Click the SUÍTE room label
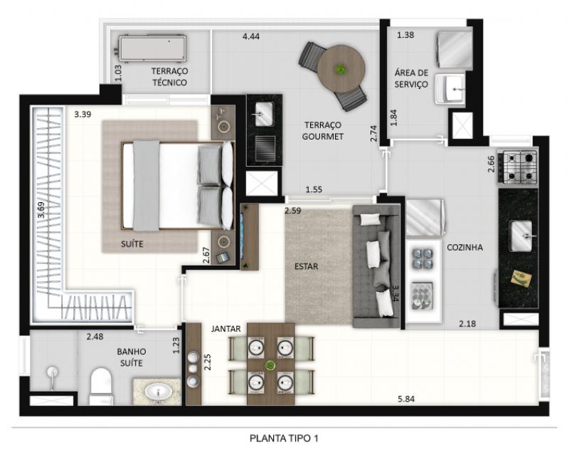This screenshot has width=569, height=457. tap(132, 243)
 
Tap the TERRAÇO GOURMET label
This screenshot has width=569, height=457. tap(323, 131)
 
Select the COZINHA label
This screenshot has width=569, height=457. tap(464, 248)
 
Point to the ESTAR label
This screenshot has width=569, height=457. tap(306, 266)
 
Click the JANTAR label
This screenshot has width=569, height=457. tap(225, 329)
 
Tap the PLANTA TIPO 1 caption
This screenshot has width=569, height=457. tap(284, 438)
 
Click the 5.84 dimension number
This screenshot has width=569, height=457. tap(406, 399)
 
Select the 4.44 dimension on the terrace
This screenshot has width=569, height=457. tap(251, 36)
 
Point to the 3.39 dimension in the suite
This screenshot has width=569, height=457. tap(83, 115)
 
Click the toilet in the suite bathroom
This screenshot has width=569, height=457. tap(100, 386)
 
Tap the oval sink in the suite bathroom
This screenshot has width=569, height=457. tap(158, 392)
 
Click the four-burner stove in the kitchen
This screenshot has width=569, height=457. tap(520, 167)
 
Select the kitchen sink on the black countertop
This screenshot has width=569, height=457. tap(521, 236)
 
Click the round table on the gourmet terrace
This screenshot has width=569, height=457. tap(341, 68)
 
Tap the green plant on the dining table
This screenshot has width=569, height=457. tap(270, 365)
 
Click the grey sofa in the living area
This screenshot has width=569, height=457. tap(376, 266)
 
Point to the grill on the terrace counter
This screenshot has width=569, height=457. tap(265, 148)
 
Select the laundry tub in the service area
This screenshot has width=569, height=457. tap(450, 90)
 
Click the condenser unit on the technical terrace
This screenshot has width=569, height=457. tap(152, 48)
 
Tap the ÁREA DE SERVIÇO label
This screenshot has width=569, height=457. tap(412, 78)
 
